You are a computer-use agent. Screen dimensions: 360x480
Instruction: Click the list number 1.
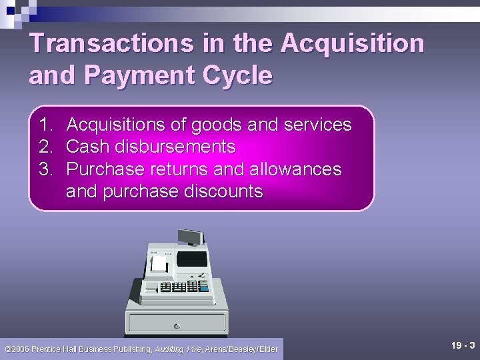45,125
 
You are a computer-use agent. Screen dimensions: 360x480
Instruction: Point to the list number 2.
45,147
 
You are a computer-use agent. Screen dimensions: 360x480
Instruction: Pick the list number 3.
45,169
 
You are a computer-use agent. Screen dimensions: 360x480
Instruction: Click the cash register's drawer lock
177,326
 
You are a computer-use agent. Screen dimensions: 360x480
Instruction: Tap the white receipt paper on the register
159,263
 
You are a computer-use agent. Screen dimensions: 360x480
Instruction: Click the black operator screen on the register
192,257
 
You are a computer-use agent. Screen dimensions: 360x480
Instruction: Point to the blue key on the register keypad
204,287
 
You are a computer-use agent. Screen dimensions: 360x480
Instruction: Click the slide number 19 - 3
463,345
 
